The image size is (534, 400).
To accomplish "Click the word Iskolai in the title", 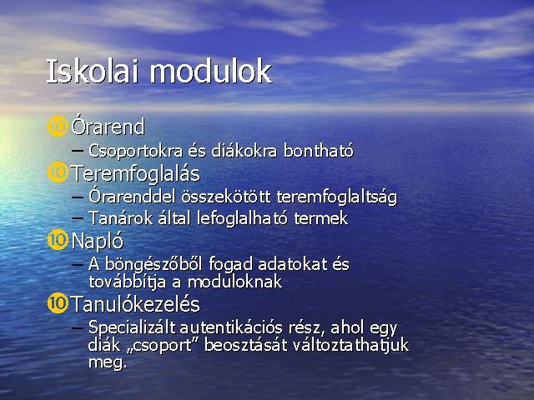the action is pos(93,72).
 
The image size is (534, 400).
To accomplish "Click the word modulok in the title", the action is pos(211,72).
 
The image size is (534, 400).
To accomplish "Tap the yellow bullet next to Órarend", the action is pos(58,127).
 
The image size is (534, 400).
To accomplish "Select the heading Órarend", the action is pos(108,127).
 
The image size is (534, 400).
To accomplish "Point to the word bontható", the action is pos(319,151).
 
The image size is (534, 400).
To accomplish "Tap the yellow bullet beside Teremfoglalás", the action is pos(58,172).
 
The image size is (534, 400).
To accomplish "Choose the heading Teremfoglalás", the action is pos(135,173).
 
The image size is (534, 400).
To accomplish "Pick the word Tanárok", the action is pos(121,218).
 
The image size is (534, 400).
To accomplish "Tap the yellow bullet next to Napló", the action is pos(58,240).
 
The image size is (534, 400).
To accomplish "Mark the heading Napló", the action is pos(98,242).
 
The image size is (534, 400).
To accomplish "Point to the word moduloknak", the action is pos(234,282).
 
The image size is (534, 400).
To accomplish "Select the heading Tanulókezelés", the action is pos(135,303).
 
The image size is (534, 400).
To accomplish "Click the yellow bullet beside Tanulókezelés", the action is pos(58,303).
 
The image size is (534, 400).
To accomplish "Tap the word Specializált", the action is pos(132,328).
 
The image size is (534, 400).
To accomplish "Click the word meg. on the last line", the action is pos(108,363).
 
